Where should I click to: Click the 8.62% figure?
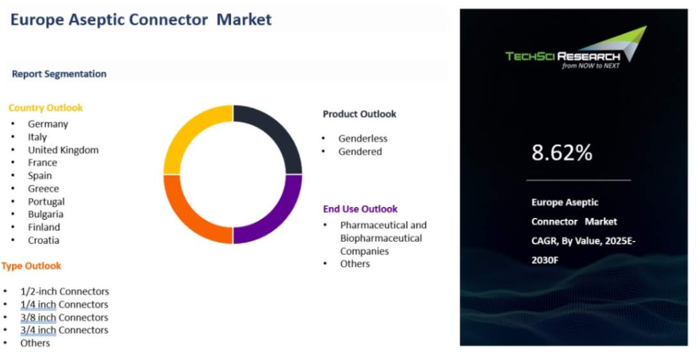562,152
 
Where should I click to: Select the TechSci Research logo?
576,48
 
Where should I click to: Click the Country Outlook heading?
45,108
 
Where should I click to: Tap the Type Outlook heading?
31,266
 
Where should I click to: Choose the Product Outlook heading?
360,114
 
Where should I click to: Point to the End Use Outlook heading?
360,209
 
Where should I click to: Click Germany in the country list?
48,124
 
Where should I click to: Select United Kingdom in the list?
63,150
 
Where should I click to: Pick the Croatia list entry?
44,240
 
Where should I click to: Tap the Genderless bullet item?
362,138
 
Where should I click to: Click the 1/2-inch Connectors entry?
65,291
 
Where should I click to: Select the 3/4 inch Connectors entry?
65,331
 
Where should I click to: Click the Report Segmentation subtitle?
59,74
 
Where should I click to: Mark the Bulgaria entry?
45,215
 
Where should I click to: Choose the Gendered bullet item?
360,152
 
